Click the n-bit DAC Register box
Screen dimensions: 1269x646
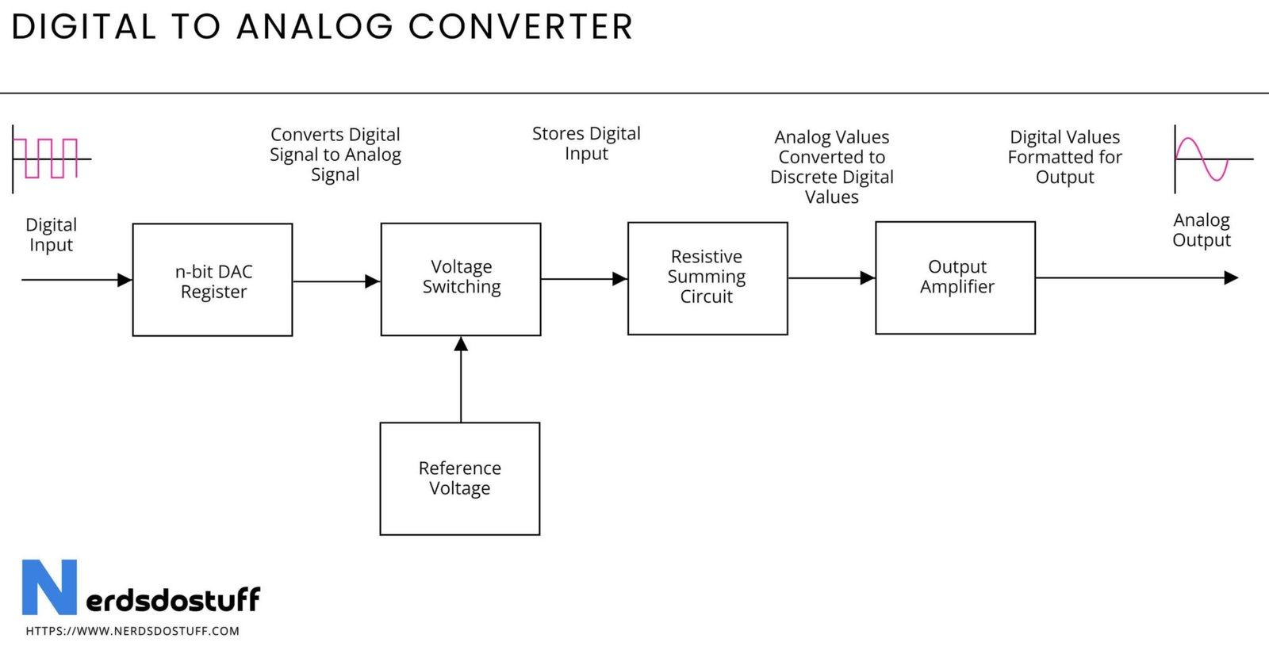(213, 280)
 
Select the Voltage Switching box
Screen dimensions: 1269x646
(461, 279)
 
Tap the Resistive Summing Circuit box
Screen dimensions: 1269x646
(707, 278)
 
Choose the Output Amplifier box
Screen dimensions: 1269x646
(955, 278)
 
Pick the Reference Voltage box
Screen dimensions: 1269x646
(460, 479)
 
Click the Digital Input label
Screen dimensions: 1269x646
(51, 235)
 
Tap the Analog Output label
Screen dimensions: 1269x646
(1202, 230)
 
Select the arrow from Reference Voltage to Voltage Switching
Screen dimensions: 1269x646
(461, 380)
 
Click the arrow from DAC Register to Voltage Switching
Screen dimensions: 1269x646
(336, 281)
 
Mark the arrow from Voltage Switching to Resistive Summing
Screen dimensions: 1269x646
(584, 279)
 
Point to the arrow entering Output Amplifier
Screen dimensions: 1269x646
(832, 278)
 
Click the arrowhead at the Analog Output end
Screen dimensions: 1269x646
(1232, 278)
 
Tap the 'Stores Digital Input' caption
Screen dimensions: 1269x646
(586, 143)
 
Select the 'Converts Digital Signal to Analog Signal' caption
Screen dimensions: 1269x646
(335, 155)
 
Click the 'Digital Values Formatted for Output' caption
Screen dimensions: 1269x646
(1065, 157)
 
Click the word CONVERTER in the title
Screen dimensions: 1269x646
(520, 27)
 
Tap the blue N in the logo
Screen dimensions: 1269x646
(49, 587)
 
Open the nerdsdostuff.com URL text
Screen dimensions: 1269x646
(132, 631)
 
